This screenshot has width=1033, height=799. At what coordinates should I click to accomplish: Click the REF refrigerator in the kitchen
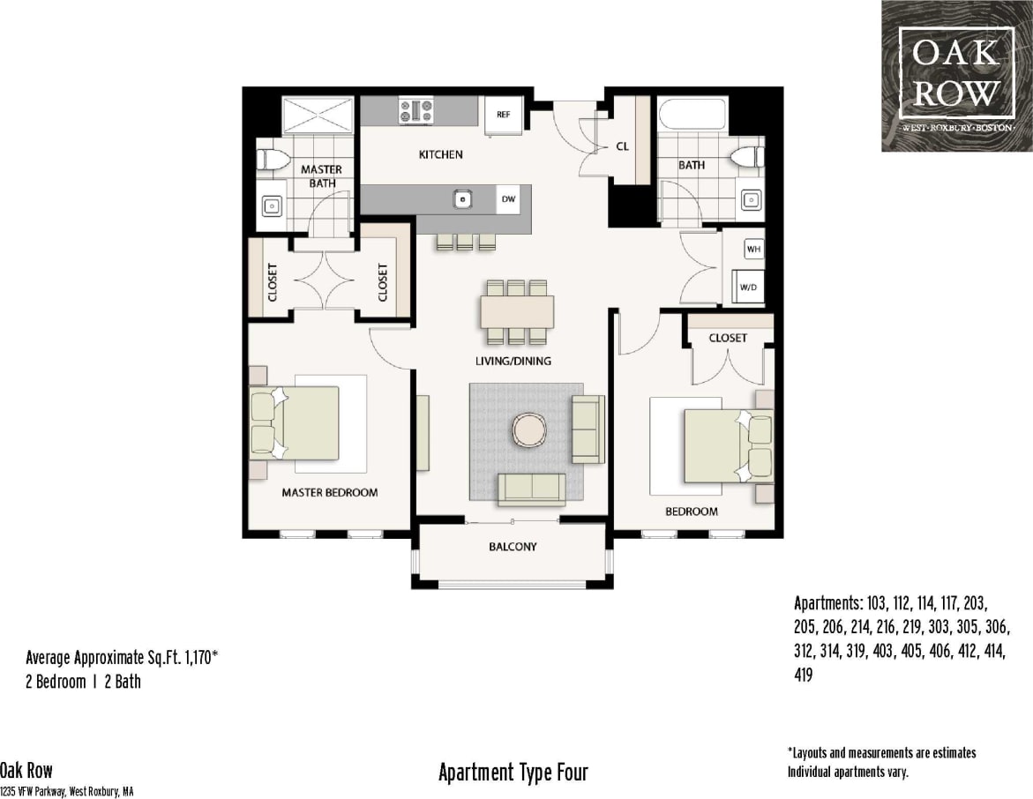pos(504,115)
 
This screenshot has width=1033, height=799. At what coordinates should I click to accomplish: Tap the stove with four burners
pos(416,111)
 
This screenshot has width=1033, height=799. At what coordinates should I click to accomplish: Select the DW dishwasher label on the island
pos(508,199)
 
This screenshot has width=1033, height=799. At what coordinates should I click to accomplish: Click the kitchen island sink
pos(462,199)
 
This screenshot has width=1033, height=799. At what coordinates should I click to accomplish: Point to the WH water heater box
pos(753,250)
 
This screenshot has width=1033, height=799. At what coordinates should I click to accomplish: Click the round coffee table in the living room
pos(529,430)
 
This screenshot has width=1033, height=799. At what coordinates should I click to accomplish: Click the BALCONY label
pos(513,547)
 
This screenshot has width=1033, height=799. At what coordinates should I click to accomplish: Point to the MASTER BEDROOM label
pos(329,492)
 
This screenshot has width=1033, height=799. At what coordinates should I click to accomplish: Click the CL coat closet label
pos(622,147)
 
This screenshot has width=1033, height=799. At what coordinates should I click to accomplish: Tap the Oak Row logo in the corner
pos(956,75)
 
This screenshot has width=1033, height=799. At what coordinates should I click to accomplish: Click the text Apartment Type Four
pos(513,773)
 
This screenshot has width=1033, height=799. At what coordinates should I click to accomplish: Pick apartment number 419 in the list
pos(804,676)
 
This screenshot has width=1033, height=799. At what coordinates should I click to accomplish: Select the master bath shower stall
pos(318,116)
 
